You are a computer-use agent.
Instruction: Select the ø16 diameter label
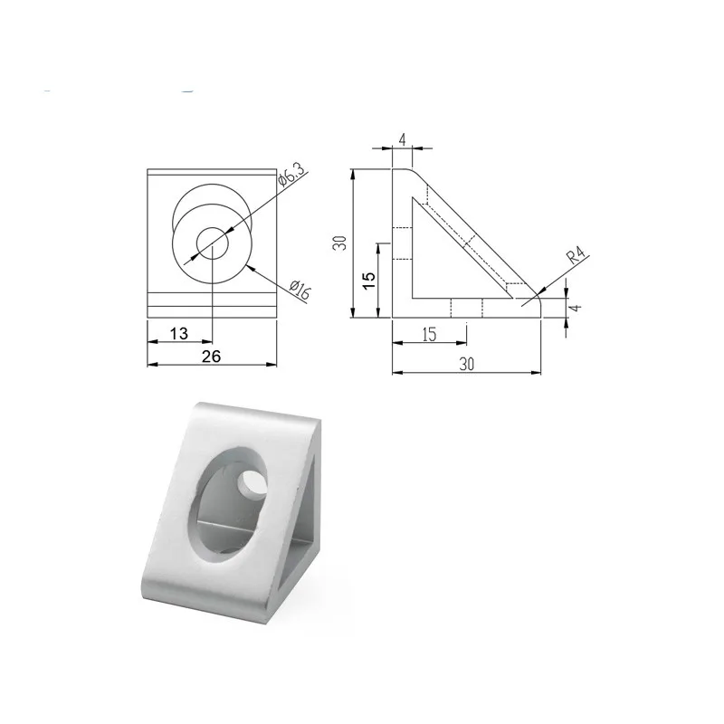point(300,291)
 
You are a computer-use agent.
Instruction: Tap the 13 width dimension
point(178,333)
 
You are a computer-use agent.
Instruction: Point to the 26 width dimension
point(211,356)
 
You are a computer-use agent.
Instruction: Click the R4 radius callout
point(576,257)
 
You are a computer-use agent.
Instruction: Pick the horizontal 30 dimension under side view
point(465,364)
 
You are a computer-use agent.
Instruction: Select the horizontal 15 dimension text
point(429,334)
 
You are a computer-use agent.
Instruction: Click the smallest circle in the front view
point(214,243)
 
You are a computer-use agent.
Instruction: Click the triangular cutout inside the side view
point(443,262)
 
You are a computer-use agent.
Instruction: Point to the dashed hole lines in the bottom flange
point(467,308)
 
